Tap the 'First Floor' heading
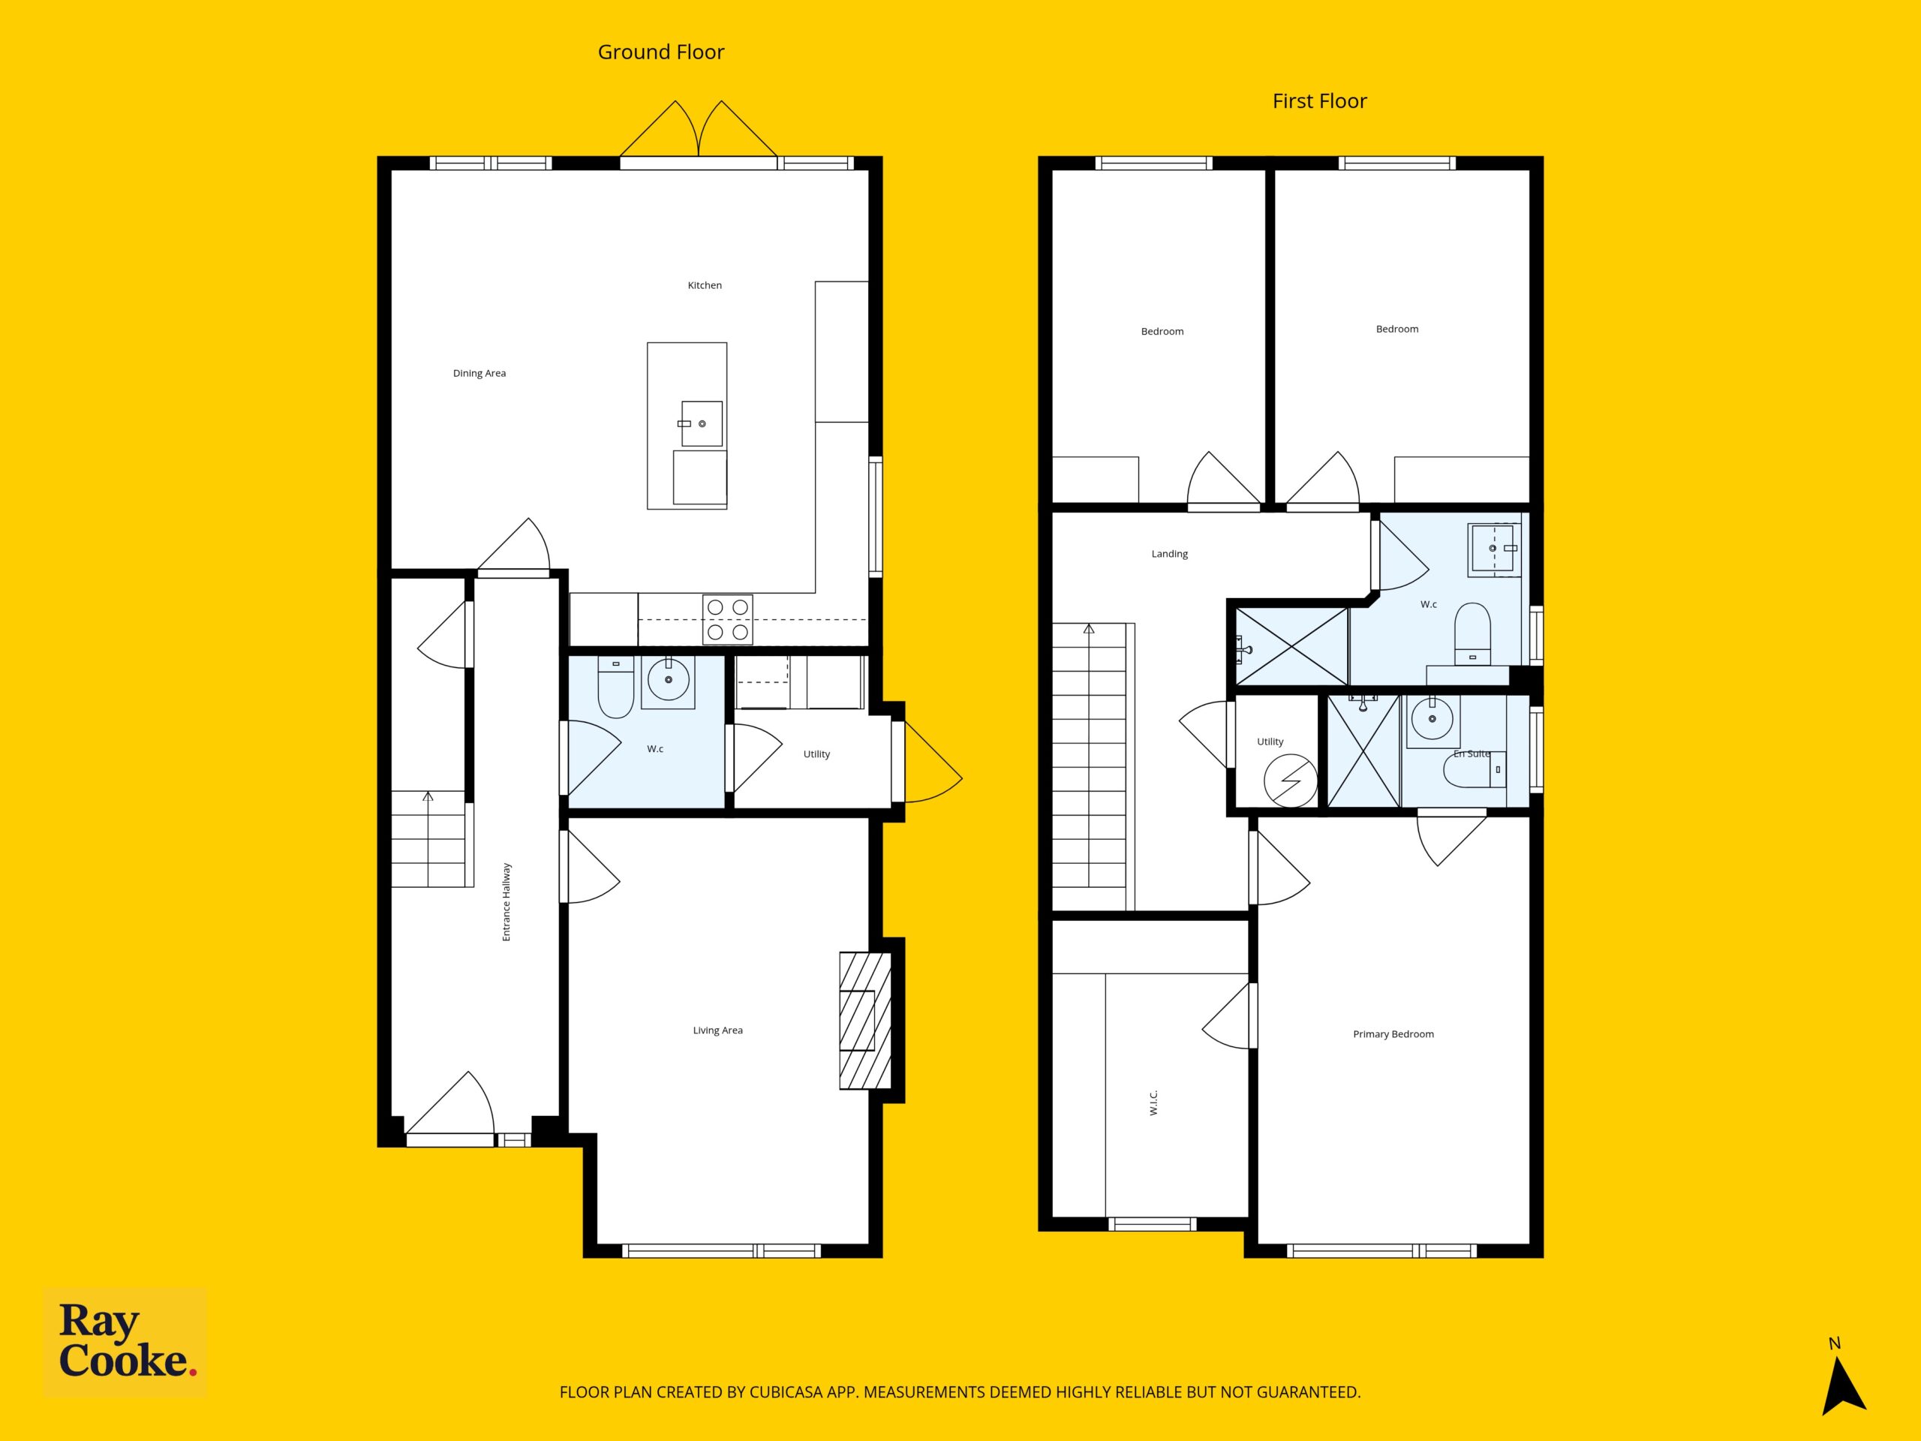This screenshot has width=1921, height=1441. (x=1319, y=101)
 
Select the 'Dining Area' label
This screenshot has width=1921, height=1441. (x=479, y=374)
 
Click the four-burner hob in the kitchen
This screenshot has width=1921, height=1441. (x=728, y=619)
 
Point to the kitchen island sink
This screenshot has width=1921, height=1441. (x=702, y=424)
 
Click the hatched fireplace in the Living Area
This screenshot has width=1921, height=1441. (x=865, y=1021)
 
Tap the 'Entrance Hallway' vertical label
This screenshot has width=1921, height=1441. (x=507, y=901)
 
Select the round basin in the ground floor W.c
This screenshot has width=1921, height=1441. (x=669, y=680)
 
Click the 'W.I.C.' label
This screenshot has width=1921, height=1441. (x=1154, y=1103)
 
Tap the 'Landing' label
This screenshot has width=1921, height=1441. (x=1170, y=554)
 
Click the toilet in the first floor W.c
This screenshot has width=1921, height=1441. (x=1472, y=634)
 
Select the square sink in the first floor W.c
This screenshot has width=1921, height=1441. (x=1495, y=549)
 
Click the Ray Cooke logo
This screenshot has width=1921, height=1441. (x=126, y=1342)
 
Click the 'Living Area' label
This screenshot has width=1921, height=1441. (x=717, y=1031)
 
